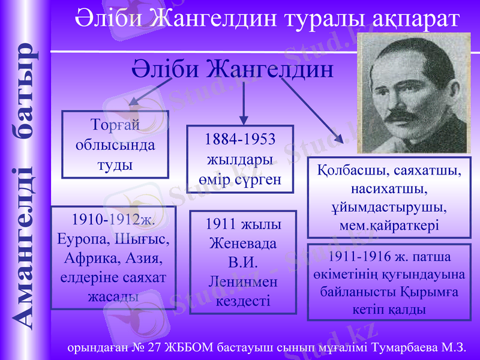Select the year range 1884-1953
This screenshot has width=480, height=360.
[240, 140]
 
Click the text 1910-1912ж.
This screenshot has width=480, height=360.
[113, 219]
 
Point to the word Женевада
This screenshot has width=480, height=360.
[242, 244]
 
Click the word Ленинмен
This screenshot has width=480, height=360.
[242, 281]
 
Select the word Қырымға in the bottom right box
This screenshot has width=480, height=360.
[426, 293]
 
